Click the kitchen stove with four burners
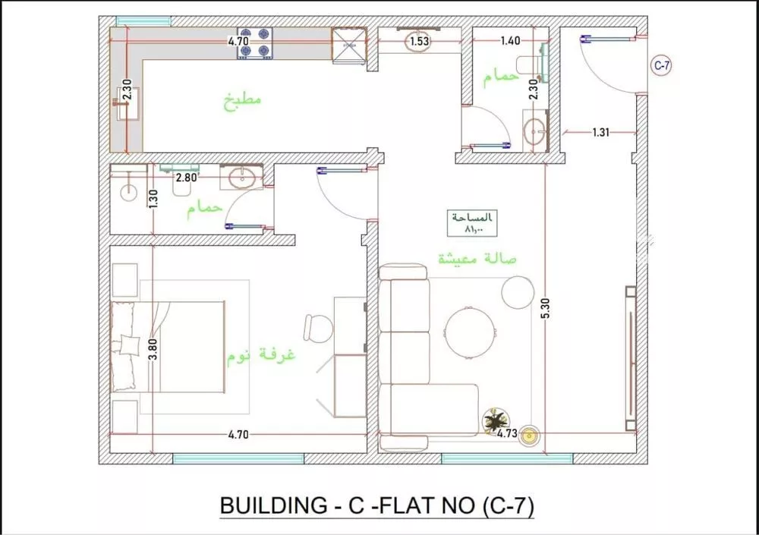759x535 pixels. click(x=254, y=43)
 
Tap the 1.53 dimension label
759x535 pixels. click(x=419, y=41)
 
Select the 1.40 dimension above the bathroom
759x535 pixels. click(x=510, y=41)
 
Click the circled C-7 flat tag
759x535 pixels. click(x=661, y=65)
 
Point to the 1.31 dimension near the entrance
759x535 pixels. click(x=600, y=132)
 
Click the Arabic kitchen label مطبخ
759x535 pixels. click(x=242, y=101)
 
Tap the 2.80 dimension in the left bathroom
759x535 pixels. click(x=187, y=178)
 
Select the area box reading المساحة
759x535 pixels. click(x=472, y=224)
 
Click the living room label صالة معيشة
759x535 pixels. click(x=477, y=259)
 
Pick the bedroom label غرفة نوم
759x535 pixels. click(x=261, y=355)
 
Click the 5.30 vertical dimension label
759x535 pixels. click(x=546, y=308)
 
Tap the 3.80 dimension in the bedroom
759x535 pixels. click(x=153, y=349)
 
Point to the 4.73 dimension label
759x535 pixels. click(x=507, y=433)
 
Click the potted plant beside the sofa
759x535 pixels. click(x=496, y=420)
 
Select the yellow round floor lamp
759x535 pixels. click(x=529, y=436)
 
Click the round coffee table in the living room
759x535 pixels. click(x=470, y=333)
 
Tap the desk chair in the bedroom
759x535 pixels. click(x=318, y=329)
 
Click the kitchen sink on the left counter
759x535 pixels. click(x=128, y=103)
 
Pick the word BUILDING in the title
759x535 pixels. click(x=273, y=505)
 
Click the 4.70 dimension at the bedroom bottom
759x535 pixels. click(x=238, y=434)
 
